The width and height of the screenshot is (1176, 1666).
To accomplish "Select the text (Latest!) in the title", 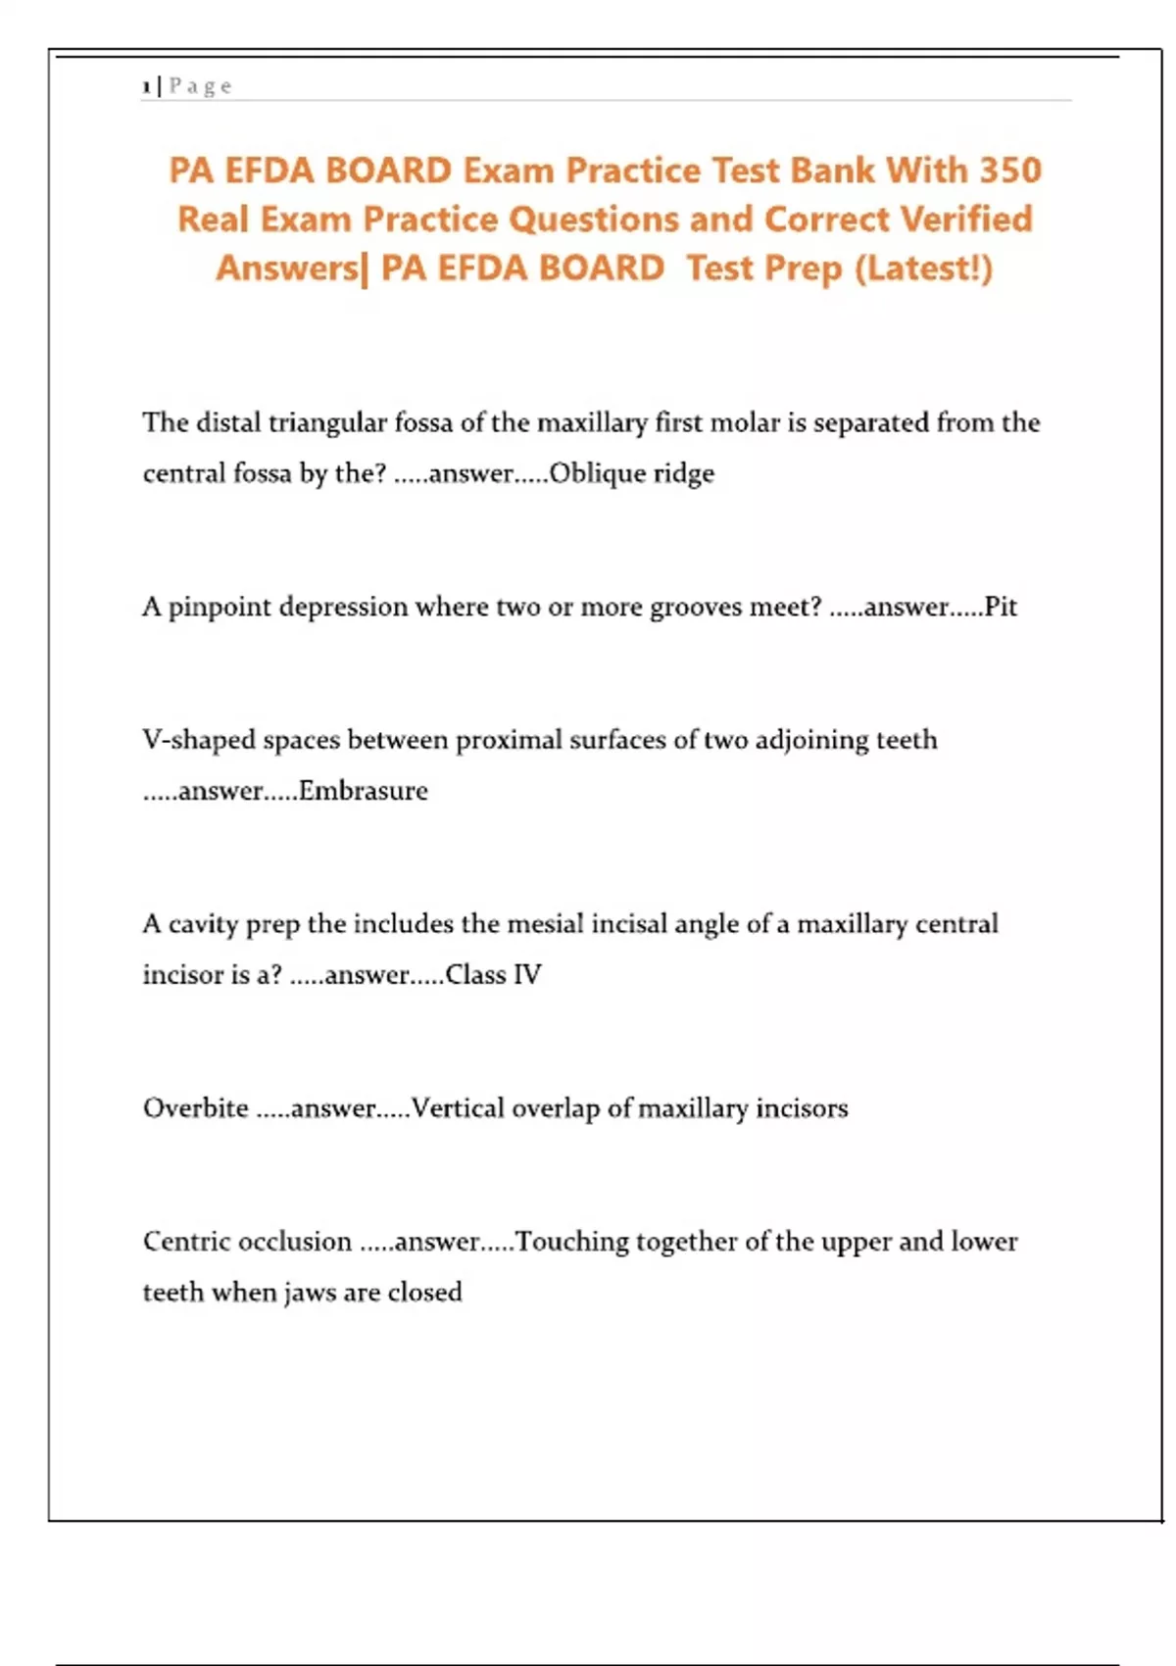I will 923,269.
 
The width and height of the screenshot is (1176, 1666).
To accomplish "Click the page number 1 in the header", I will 146,87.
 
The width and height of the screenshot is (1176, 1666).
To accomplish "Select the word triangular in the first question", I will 327,423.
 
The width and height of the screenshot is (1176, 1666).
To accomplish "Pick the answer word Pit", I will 1001,608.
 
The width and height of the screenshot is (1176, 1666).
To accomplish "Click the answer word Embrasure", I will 364,791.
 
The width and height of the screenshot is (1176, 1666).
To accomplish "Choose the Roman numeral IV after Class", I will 527,975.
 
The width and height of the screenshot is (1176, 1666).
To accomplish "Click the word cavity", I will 203,925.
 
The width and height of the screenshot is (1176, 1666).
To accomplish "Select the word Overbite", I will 196,1108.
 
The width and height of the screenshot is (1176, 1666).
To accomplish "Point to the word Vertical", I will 457,1108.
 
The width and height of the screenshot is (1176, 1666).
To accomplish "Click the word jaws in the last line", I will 310,1293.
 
